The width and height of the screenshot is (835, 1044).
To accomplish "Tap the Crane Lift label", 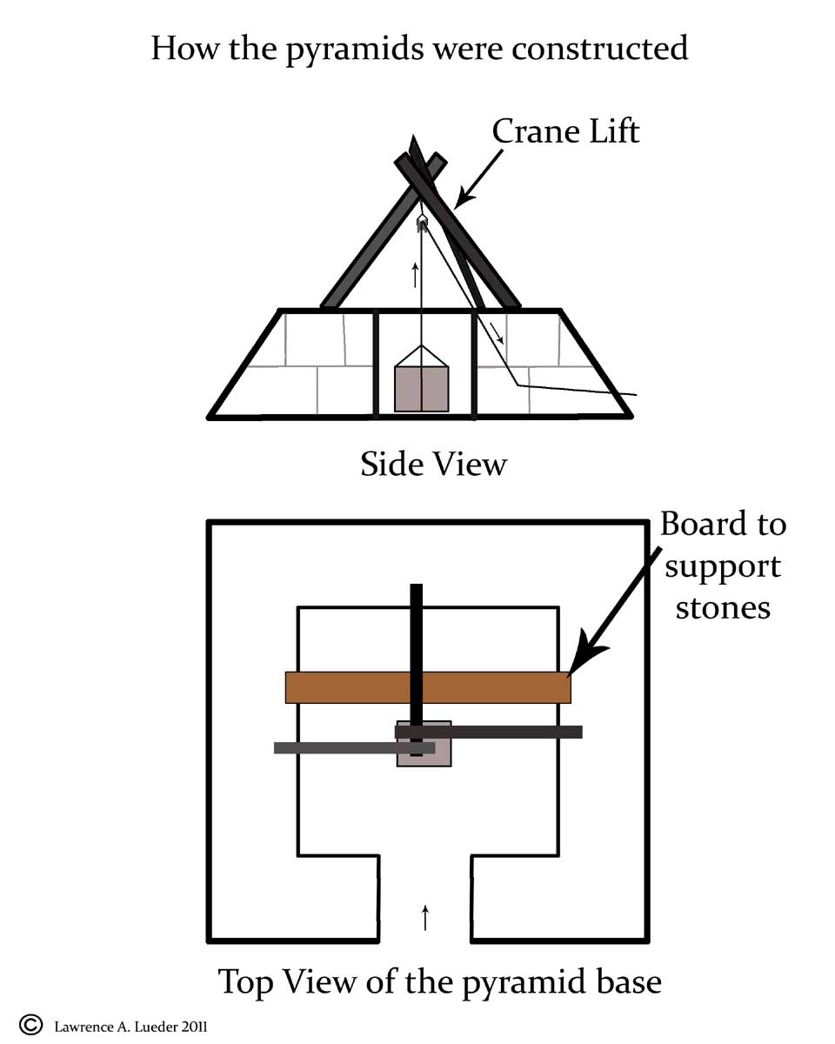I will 565,130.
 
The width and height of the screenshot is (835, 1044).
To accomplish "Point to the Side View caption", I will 433,464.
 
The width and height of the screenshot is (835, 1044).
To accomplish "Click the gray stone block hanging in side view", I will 422,388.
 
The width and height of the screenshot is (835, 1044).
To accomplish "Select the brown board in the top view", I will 348,687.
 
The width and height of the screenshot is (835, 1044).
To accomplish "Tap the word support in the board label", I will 723,566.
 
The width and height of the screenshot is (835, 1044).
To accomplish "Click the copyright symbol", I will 30,1025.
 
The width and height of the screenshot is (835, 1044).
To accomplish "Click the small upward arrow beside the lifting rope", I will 415,275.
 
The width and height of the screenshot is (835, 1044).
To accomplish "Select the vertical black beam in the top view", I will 416,635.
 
